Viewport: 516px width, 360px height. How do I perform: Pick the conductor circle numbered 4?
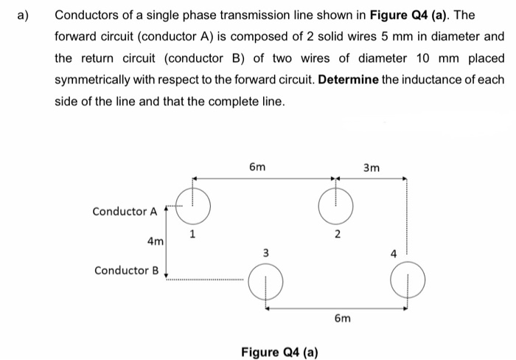pos(405,282)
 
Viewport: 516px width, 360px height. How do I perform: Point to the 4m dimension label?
pos(156,240)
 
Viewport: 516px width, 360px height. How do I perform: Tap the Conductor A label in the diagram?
pos(125,212)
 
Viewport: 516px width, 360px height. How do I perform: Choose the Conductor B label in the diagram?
pos(126,270)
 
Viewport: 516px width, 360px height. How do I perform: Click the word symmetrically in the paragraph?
pos(99,79)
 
